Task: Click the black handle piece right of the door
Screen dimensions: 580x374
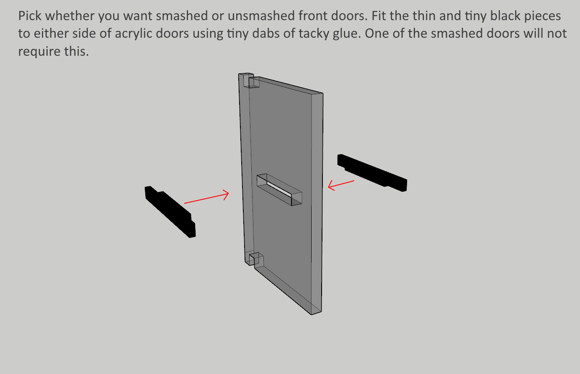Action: pos(372,173)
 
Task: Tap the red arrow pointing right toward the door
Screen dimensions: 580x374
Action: pos(206,197)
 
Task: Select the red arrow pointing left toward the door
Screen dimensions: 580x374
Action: pos(341,185)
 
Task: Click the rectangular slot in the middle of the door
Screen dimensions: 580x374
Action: pos(279,190)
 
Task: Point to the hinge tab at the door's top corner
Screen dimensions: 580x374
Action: pos(249,80)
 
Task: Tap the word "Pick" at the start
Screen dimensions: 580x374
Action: pos(30,16)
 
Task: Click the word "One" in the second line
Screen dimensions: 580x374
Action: pos(376,34)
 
